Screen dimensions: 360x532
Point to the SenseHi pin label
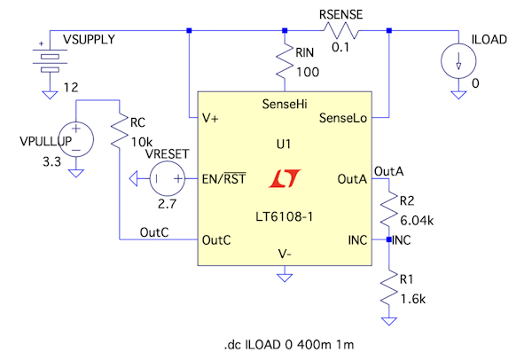click(x=285, y=105)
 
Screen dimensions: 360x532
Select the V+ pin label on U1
click(x=212, y=117)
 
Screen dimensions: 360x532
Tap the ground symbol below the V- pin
click(x=285, y=278)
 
